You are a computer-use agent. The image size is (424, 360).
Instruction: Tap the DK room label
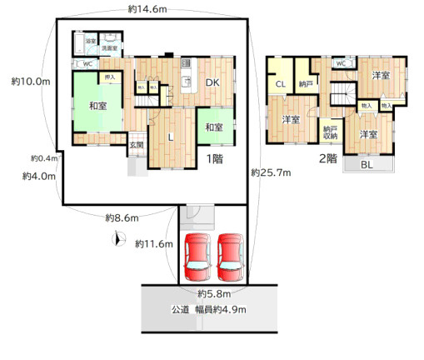tap(212, 82)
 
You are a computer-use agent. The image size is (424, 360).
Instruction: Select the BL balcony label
tap(367, 164)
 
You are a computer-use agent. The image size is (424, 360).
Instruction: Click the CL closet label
tap(281, 83)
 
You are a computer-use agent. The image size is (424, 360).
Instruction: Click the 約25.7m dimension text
tap(272, 172)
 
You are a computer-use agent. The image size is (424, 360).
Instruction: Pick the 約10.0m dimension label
tap(32, 82)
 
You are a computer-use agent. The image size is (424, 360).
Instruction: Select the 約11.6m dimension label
tap(153, 243)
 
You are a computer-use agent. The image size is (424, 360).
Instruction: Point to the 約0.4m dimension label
tap(42, 158)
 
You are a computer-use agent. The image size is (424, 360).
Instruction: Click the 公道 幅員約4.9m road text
tap(210, 309)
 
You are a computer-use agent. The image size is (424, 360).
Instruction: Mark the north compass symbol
tap(117, 242)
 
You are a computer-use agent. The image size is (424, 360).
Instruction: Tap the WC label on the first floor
tap(86, 63)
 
